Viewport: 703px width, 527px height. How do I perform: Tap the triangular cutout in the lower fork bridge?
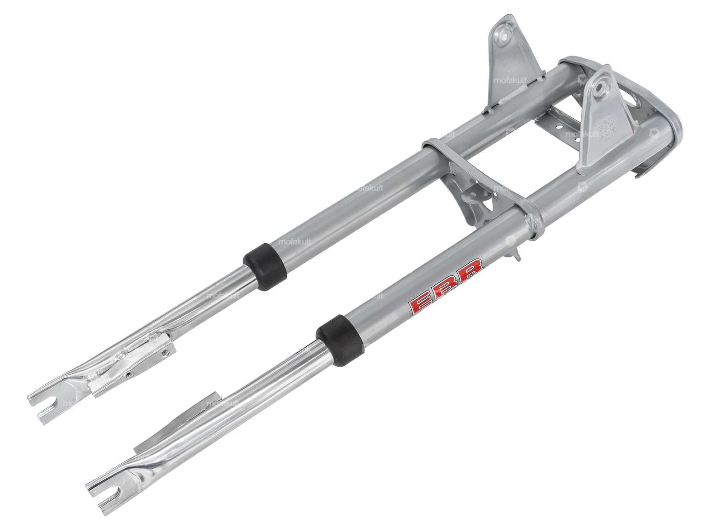coord(489,205)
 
